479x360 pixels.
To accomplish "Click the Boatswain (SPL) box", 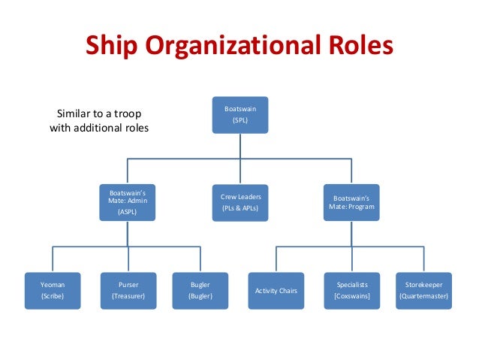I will coord(240,114).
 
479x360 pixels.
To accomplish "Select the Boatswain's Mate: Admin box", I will coord(128,202).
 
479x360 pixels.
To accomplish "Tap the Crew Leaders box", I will coord(240,202).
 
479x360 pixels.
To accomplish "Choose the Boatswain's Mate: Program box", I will coord(351,202).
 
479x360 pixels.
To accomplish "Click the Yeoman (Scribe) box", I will coord(53,291).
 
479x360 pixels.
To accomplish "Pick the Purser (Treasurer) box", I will coord(128,291).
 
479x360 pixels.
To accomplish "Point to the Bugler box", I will coord(201,291).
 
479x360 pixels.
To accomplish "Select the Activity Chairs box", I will coord(276,291).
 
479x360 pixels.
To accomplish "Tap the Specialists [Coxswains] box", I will coord(351,291).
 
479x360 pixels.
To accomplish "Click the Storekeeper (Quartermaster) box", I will coord(424,291).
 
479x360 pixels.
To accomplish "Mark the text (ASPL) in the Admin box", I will coord(128,213).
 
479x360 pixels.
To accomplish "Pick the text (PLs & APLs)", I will coord(240,207).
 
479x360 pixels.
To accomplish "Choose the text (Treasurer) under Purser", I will coord(128,296).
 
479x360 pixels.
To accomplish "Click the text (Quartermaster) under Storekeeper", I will coord(424,296).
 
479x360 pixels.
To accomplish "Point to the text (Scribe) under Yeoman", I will coord(53,296).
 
